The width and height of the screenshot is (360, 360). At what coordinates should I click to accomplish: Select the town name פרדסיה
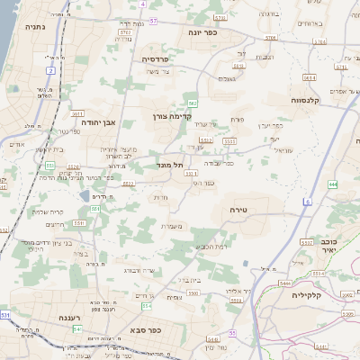click(x=161, y=58)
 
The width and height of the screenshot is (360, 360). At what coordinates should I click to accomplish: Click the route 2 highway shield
click(x=51, y=69)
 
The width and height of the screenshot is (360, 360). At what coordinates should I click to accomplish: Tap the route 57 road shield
click(x=154, y=20)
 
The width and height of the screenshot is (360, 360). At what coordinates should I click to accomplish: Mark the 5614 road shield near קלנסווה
click(x=309, y=77)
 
